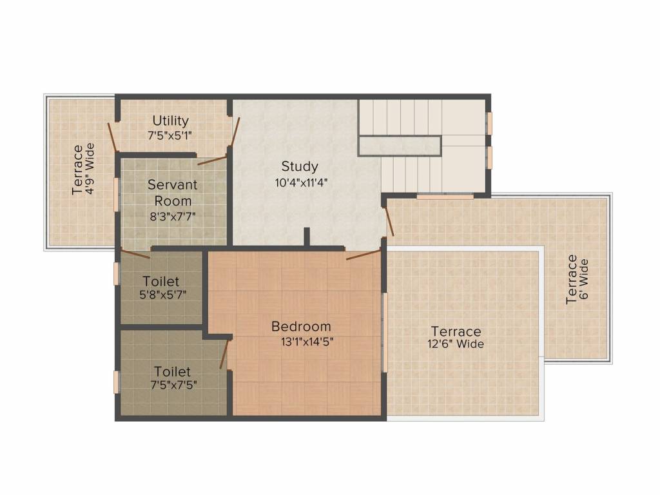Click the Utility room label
click(x=171, y=121)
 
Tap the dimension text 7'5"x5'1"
click(x=170, y=135)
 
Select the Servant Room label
click(x=173, y=192)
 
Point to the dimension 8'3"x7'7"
click(x=173, y=217)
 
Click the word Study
click(x=300, y=166)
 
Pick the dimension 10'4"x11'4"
click(x=302, y=182)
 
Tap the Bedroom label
click(x=301, y=326)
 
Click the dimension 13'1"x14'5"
click(x=307, y=342)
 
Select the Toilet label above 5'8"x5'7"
click(x=161, y=281)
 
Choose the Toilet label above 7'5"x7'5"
click(x=172, y=371)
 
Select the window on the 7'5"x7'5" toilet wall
click(x=117, y=382)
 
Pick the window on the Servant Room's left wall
click(x=117, y=193)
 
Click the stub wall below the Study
click(x=307, y=237)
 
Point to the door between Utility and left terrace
click(x=112, y=136)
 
